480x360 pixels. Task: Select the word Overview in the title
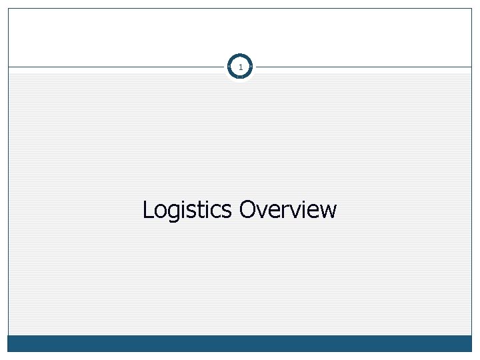pos(288,210)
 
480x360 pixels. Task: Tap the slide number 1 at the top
pos(240,67)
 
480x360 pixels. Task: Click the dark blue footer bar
pos(240,343)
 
